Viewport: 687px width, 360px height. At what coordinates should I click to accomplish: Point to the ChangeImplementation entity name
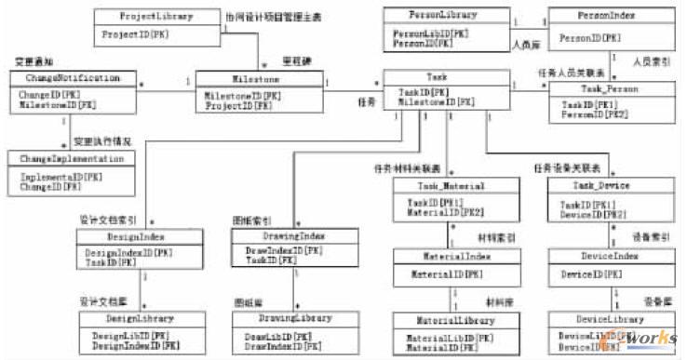(x=71, y=159)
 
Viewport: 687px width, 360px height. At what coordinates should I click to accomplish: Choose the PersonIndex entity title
(x=592, y=17)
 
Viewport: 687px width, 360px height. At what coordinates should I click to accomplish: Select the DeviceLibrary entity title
(x=596, y=320)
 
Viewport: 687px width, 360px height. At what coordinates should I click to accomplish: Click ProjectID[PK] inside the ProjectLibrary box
(x=128, y=34)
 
